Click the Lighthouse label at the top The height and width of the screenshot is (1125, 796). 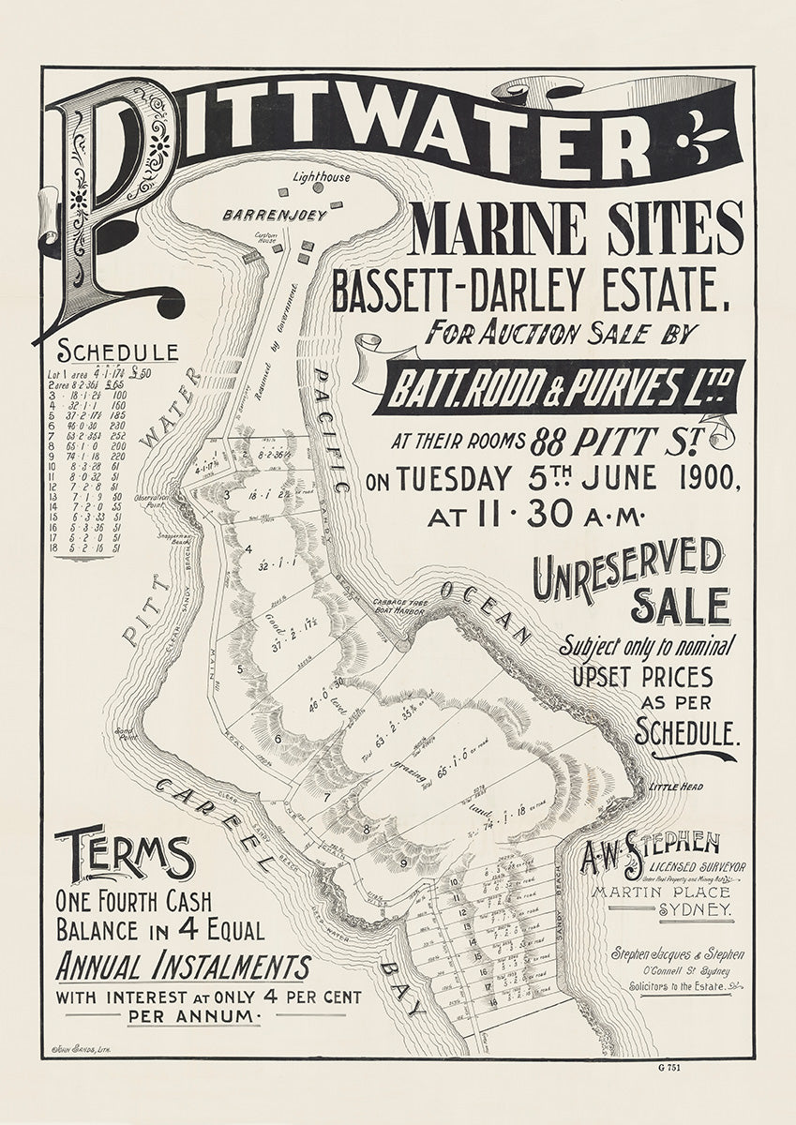[x=321, y=176]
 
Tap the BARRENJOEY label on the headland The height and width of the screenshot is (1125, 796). [x=274, y=215]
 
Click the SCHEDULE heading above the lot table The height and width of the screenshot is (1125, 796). [x=118, y=352]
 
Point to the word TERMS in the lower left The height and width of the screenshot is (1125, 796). [x=124, y=855]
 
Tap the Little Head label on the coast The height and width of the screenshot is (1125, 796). [x=674, y=787]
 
